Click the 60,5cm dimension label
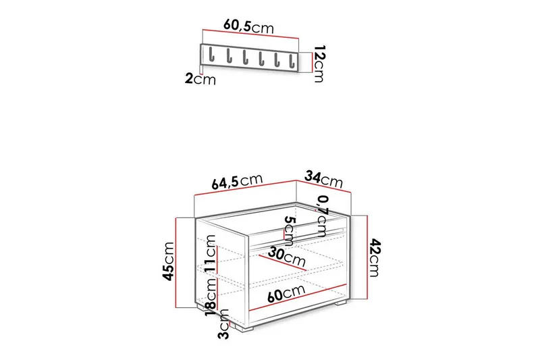coord(248,26)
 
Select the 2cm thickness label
coord(200,80)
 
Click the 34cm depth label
coord(324,179)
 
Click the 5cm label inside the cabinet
coord(290,231)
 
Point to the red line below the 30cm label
coord(284,265)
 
